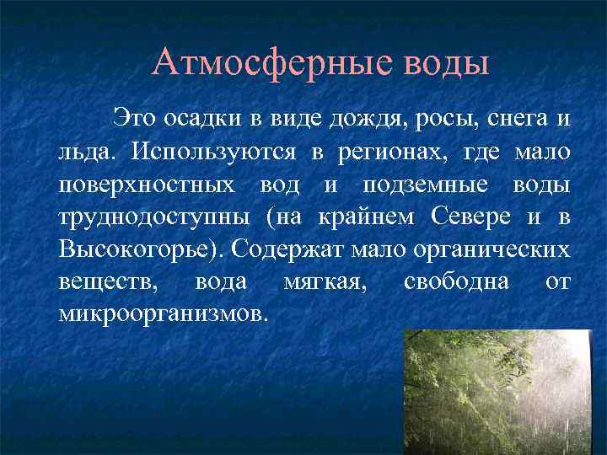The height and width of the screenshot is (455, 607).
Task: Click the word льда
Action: point(87,153)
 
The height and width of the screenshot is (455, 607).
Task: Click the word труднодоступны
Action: point(155,217)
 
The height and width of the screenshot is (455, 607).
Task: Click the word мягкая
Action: point(324,282)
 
